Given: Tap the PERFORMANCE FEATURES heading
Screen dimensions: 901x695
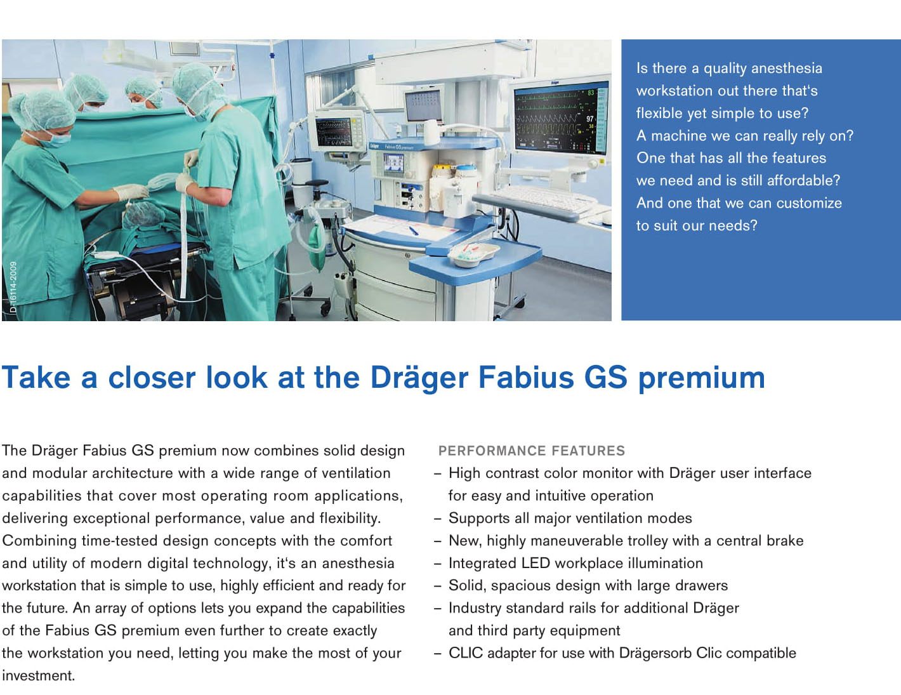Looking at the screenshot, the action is tap(532, 451).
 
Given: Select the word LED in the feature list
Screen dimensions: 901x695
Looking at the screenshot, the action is tap(536, 563).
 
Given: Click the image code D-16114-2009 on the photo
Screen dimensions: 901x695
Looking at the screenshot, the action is tap(13, 286).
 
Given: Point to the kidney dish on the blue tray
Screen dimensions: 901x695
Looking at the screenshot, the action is tap(473, 254).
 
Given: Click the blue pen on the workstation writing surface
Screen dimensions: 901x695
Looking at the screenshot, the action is tap(414, 230).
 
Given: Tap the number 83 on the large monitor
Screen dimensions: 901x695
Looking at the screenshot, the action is tap(591, 93).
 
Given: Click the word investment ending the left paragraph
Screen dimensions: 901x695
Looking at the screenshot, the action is tap(39, 675).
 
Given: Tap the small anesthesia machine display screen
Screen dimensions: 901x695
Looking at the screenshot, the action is tap(393, 162).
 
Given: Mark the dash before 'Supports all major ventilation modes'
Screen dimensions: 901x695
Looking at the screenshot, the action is tap(437, 519).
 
